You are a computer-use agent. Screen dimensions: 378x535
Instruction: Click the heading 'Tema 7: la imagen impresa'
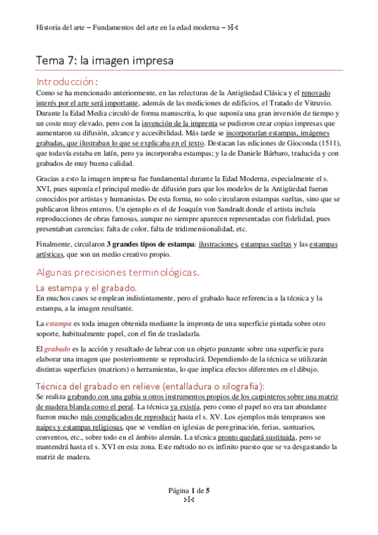point(104,61)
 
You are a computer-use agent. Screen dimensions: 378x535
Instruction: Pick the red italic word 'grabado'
point(59,349)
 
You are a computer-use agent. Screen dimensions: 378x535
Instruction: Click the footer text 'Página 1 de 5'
point(189,509)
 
